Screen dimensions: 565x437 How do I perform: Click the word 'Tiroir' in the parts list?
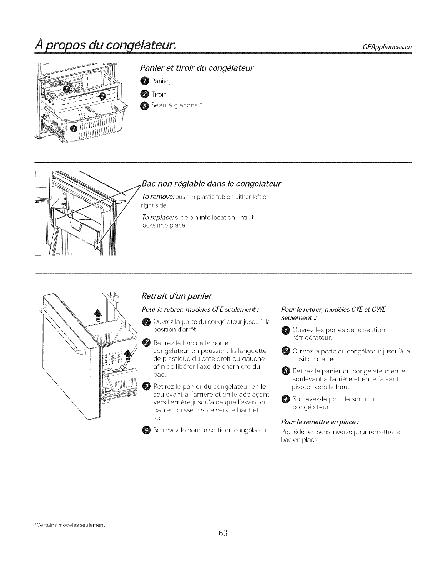click(x=159, y=94)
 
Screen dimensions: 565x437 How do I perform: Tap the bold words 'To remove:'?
click(x=154, y=197)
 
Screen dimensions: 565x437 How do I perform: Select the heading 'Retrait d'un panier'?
click(x=177, y=296)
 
